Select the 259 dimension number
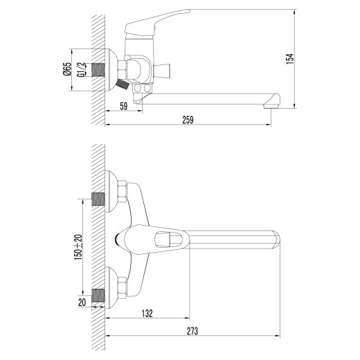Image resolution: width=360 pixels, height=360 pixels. (188, 120)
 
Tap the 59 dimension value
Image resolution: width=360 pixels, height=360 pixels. (123, 106)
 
